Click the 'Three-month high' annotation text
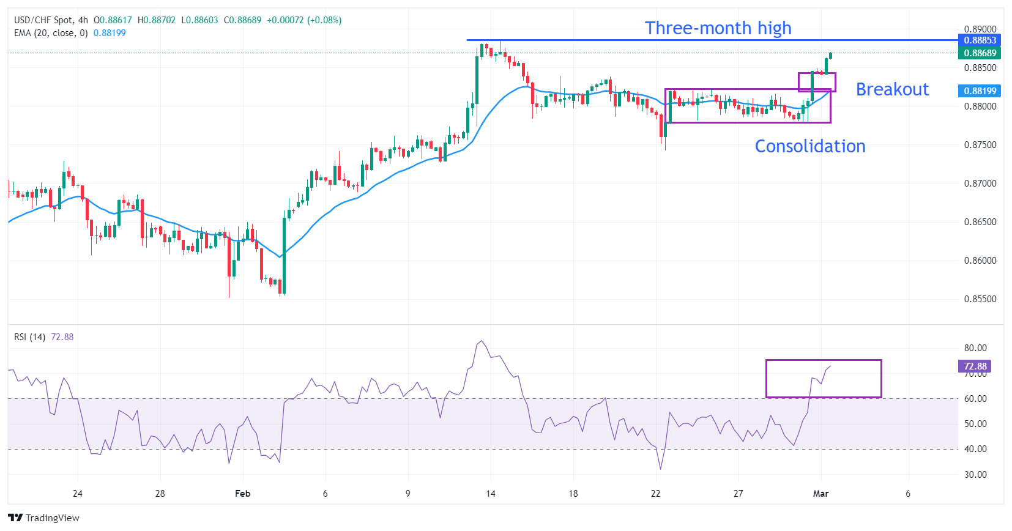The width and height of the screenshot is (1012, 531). (718, 28)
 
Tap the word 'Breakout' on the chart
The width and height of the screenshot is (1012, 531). (891, 89)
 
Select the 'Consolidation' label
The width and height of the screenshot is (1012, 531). (809, 146)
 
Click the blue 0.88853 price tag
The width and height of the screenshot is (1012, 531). (980, 40)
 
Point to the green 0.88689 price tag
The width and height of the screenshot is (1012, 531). (980, 53)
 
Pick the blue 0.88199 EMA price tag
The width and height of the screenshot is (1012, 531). (980, 91)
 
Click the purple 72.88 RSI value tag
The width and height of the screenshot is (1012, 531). (975, 366)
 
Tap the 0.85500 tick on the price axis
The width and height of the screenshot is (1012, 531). (980, 299)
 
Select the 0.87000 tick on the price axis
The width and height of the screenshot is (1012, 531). (980, 184)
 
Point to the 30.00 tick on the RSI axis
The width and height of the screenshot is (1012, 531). (975, 475)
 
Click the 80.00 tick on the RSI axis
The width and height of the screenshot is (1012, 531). (975, 348)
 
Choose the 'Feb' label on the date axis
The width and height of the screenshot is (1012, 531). (242, 494)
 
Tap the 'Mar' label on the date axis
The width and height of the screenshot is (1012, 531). (820, 494)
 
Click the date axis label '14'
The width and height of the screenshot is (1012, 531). (491, 494)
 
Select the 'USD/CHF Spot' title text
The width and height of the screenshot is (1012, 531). (43, 20)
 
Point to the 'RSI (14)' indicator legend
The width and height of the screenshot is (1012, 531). (29, 337)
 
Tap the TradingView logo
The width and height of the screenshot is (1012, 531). (44, 518)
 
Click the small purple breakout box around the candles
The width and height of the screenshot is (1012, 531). (816, 82)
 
